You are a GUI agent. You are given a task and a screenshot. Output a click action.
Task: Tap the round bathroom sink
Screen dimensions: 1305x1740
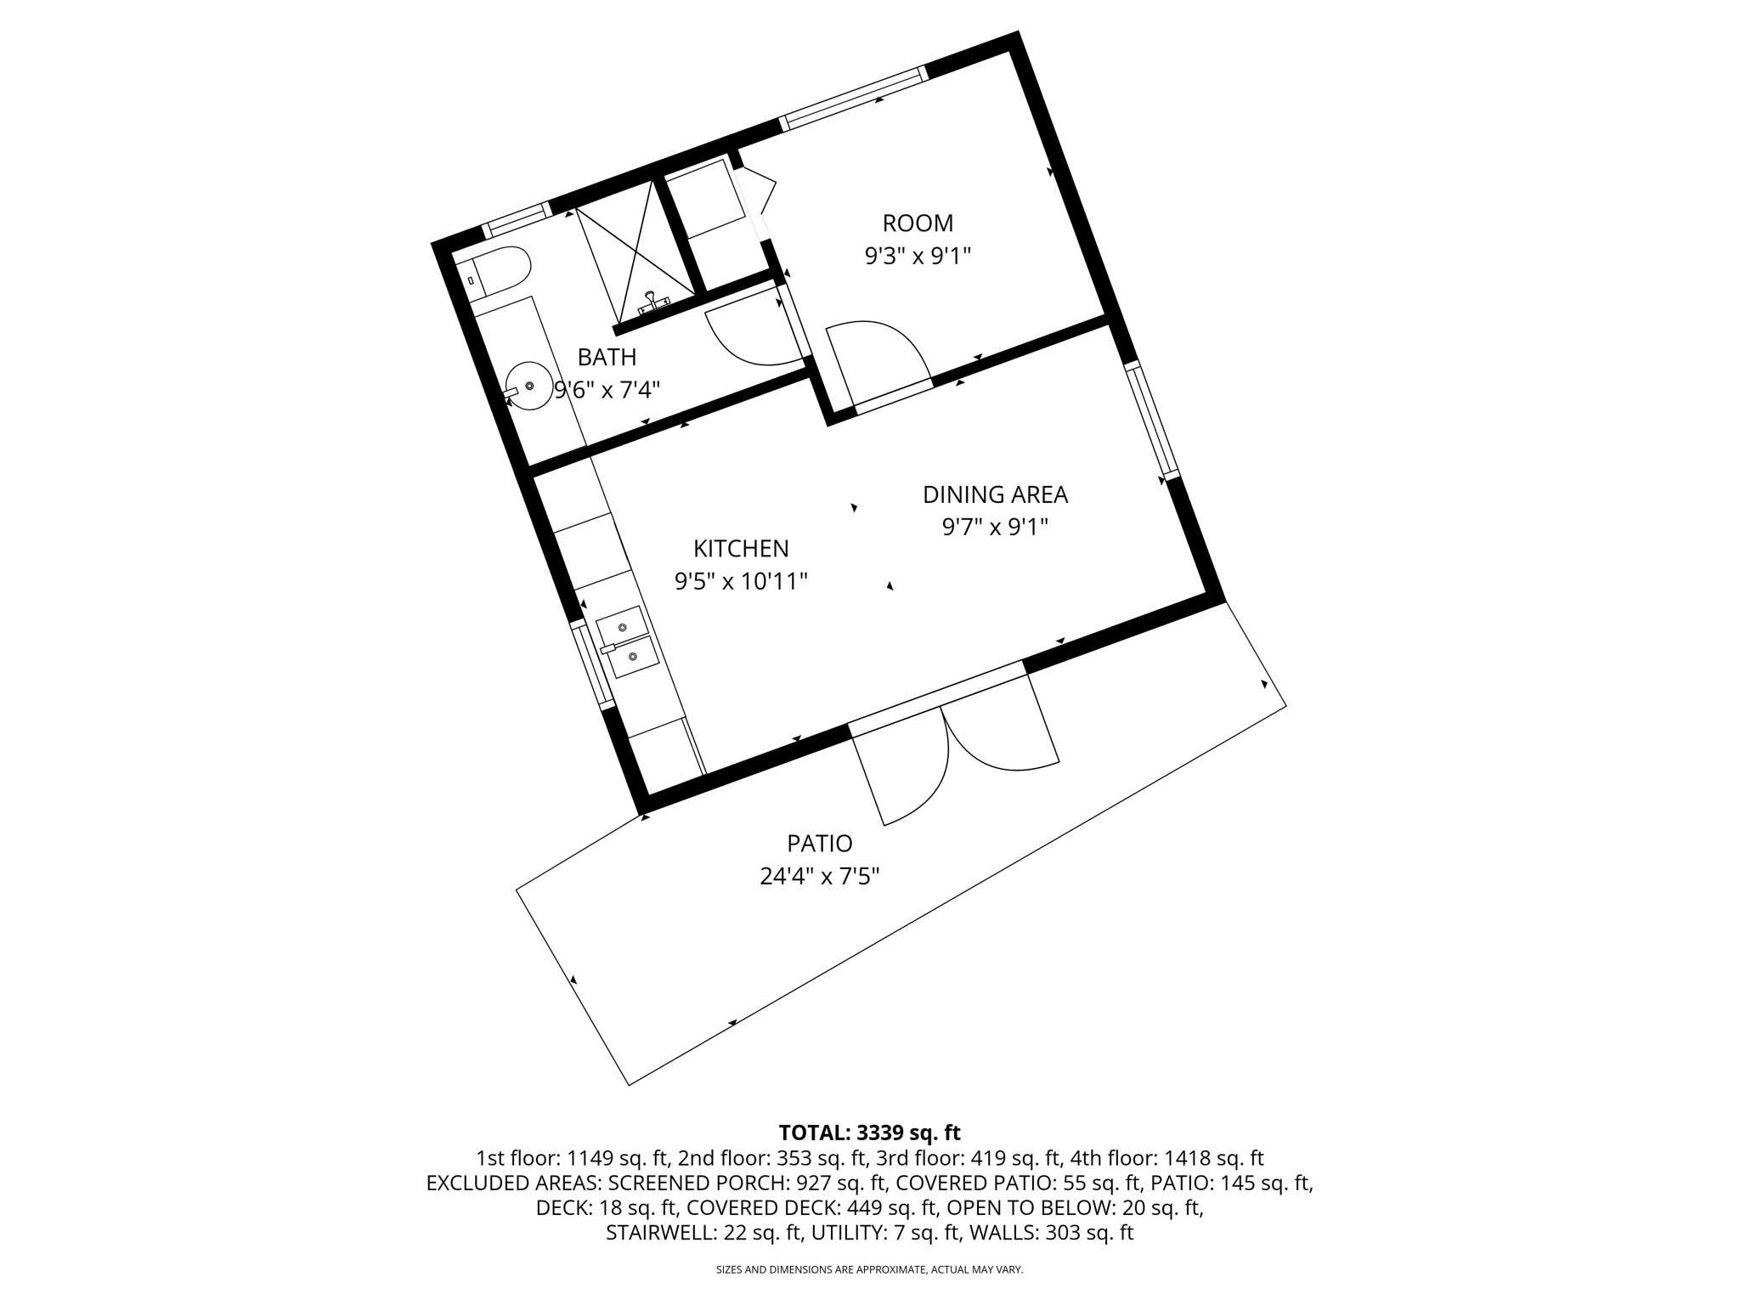pyautogui.click(x=529, y=386)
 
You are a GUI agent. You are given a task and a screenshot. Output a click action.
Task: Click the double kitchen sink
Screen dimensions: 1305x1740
pyautogui.click(x=628, y=642)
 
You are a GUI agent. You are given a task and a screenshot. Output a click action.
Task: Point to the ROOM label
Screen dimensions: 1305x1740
pyautogui.click(x=918, y=223)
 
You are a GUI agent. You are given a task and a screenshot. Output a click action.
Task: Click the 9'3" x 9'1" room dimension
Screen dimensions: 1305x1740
pyautogui.click(x=918, y=256)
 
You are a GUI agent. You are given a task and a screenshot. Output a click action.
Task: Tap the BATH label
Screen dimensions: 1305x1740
pyautogui.click(x=607, y=357)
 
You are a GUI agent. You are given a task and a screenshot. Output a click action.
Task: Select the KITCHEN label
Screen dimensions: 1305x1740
pyautogui.click(x=741, y=548)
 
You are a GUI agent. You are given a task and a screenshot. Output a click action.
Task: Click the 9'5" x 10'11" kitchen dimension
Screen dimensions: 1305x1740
pyautogui.click(x=741, y=581)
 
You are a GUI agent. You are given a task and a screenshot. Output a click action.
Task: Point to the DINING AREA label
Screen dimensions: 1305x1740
pyautogui.click(x=995, y=494)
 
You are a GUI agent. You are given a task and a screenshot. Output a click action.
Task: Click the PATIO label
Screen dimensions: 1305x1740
pyautogui.click(x=819, y=844)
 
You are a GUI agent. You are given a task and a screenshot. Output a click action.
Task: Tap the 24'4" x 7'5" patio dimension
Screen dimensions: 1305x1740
pyautogui.click(x=819, y=876)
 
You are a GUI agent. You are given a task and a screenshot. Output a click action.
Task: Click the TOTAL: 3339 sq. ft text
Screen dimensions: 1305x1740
pyautogui.click(x=869, y=1133)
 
